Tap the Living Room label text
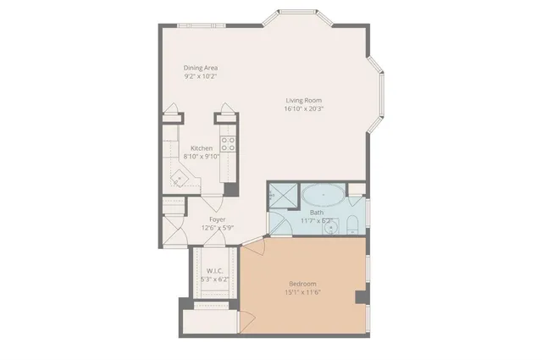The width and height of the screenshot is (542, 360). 304,101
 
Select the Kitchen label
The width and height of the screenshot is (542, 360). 201,148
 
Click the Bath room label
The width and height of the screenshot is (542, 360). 317,212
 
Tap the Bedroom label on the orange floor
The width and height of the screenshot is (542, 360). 302,283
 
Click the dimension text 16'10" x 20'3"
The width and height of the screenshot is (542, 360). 304,109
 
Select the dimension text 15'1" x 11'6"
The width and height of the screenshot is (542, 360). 302,292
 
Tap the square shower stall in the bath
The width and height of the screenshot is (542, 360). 284,195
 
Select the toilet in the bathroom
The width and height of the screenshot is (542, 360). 350,224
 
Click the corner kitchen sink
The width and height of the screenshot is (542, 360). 179,179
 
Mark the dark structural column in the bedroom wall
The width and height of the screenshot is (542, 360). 362,297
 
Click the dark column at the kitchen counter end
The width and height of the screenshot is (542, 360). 230,191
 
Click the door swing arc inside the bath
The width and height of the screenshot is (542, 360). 276,224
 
